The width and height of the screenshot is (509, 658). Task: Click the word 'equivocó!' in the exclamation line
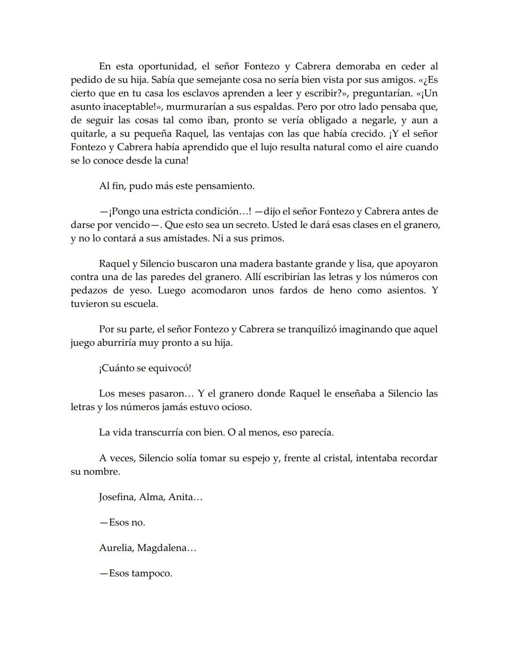point(170,368)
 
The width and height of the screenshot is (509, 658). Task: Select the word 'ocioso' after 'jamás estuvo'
point(236,407)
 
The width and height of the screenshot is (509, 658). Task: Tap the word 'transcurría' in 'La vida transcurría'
point(156,432)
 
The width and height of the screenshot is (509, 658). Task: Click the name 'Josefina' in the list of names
point(117,497)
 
